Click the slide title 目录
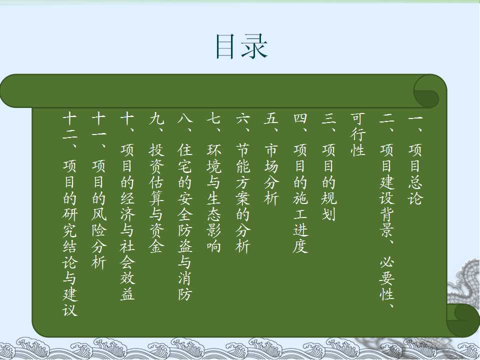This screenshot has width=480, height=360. tap(242, 46)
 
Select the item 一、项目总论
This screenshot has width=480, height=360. tap(415, 159)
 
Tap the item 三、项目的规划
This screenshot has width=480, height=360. tap(329, 167)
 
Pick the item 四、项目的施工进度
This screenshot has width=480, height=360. tap(300, 183)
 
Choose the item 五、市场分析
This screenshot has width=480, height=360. tap(271, 159)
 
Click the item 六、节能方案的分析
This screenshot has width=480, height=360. tap(243, 183)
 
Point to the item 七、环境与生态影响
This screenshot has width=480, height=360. tap(214, 183)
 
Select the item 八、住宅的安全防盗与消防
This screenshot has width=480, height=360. tap(185, 207)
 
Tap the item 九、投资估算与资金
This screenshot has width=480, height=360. tap(156, 183)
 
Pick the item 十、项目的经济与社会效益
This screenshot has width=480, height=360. tap(127, 207)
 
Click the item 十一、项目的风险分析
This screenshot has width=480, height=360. tap(99, 191)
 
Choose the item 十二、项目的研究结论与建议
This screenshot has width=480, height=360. tap(70, 215)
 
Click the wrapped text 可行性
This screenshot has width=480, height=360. tap(358, 134)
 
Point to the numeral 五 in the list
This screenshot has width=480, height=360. tap(271, 119)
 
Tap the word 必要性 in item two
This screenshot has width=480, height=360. tap(387, 278)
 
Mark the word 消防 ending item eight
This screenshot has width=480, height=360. tap(185, 286)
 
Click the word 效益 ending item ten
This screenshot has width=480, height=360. tap(127, 286)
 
